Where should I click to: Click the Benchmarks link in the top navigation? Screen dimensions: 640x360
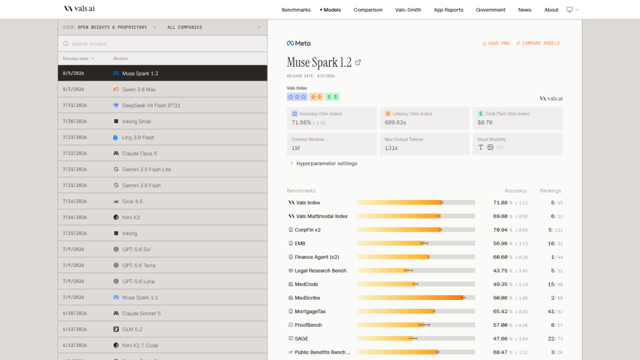click(x=296, y=10)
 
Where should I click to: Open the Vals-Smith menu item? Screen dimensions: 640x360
click(x=407, y=10)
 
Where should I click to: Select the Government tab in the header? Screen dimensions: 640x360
click(x=490, y=10)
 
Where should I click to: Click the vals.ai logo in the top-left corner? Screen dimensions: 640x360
click(x=79, y=9)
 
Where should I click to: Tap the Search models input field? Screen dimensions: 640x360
click(x=162, y=44)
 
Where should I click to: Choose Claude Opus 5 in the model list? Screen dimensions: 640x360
click(x=139, y=154)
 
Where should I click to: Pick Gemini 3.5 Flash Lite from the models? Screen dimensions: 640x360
click(x=146, y=169)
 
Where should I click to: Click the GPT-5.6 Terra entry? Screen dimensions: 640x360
click(x=138, y=265)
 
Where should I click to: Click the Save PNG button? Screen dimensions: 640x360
click(x=496, y=43)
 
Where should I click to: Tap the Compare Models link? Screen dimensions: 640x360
click(x=537, y=43)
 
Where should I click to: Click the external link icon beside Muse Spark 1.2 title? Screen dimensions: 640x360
click(x=358, y=62)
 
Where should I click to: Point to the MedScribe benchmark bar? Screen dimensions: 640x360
click(x=416, y=298)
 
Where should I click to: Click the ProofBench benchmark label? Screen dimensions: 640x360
click(x=308, y=325)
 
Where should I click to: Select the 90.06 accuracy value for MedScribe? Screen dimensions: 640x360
click(x=500, y=298)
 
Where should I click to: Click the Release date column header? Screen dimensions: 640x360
click(x=78, y=58)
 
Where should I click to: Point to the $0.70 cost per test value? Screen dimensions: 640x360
click(x=485, y=122)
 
